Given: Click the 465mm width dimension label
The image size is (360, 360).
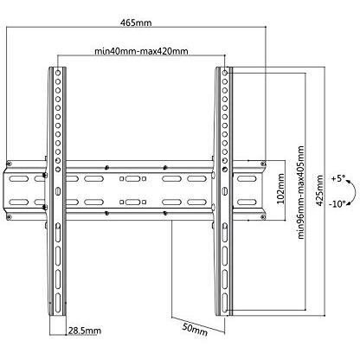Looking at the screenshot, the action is coord(136,22).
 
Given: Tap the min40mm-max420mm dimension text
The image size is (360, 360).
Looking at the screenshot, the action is coord(141,51).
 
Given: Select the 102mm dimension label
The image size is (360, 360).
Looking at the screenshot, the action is coord(280,189).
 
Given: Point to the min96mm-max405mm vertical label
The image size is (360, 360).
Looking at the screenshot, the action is coord(300,192).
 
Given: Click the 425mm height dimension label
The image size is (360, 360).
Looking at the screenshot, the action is coord(319,190).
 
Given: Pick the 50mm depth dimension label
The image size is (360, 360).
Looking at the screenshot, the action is coord(195,329).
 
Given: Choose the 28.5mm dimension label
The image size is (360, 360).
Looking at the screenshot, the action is coord(85,331).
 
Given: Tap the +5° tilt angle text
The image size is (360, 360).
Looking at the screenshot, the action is coord(338,178).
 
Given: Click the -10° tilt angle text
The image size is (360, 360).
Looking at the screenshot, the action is coord(337,204).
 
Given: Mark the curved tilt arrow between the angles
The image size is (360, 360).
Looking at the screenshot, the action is coord(354,191).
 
